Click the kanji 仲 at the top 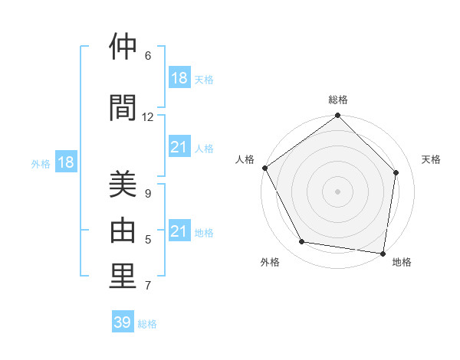pyautogui.click(x=123, y=48)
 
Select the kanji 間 pyautogui.click(x=123, y=109)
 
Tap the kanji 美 pyautogui.click(x=123, y=186)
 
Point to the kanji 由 pyautogui.click(x=123, y=231)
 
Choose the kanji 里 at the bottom pyautogui.click(x=123, y=276)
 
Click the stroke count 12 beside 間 pyautogui.click(x=148, y=117)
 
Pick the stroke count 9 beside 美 pyautogui.click(x=148, y=194)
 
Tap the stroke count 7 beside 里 pyautogui.click(x=148, y=286)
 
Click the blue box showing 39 pyautogui.click(x=123, y=322)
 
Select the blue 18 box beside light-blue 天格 pyautogui.click(x=179, y=78)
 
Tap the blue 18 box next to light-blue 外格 pyautogui.click(x=65, y=162)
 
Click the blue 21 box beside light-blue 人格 pyautogui.click(x=179, y=147)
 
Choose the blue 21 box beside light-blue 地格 pyautogui.click(x=179, y=231)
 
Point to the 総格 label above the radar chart pyautogui.click(x=338, y=100)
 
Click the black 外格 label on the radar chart pyautogui.click(x=270, y=262)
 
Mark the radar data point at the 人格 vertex pyautogui.click(x=264, y=168)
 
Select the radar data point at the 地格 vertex pyautogui.click(x=383, y=253)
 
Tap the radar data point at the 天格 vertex pyautogui.click(x=396, y=172)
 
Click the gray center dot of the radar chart pyautogui.click(x=338, y=191)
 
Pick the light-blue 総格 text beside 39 pyautogui.click(x=148, y=324)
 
